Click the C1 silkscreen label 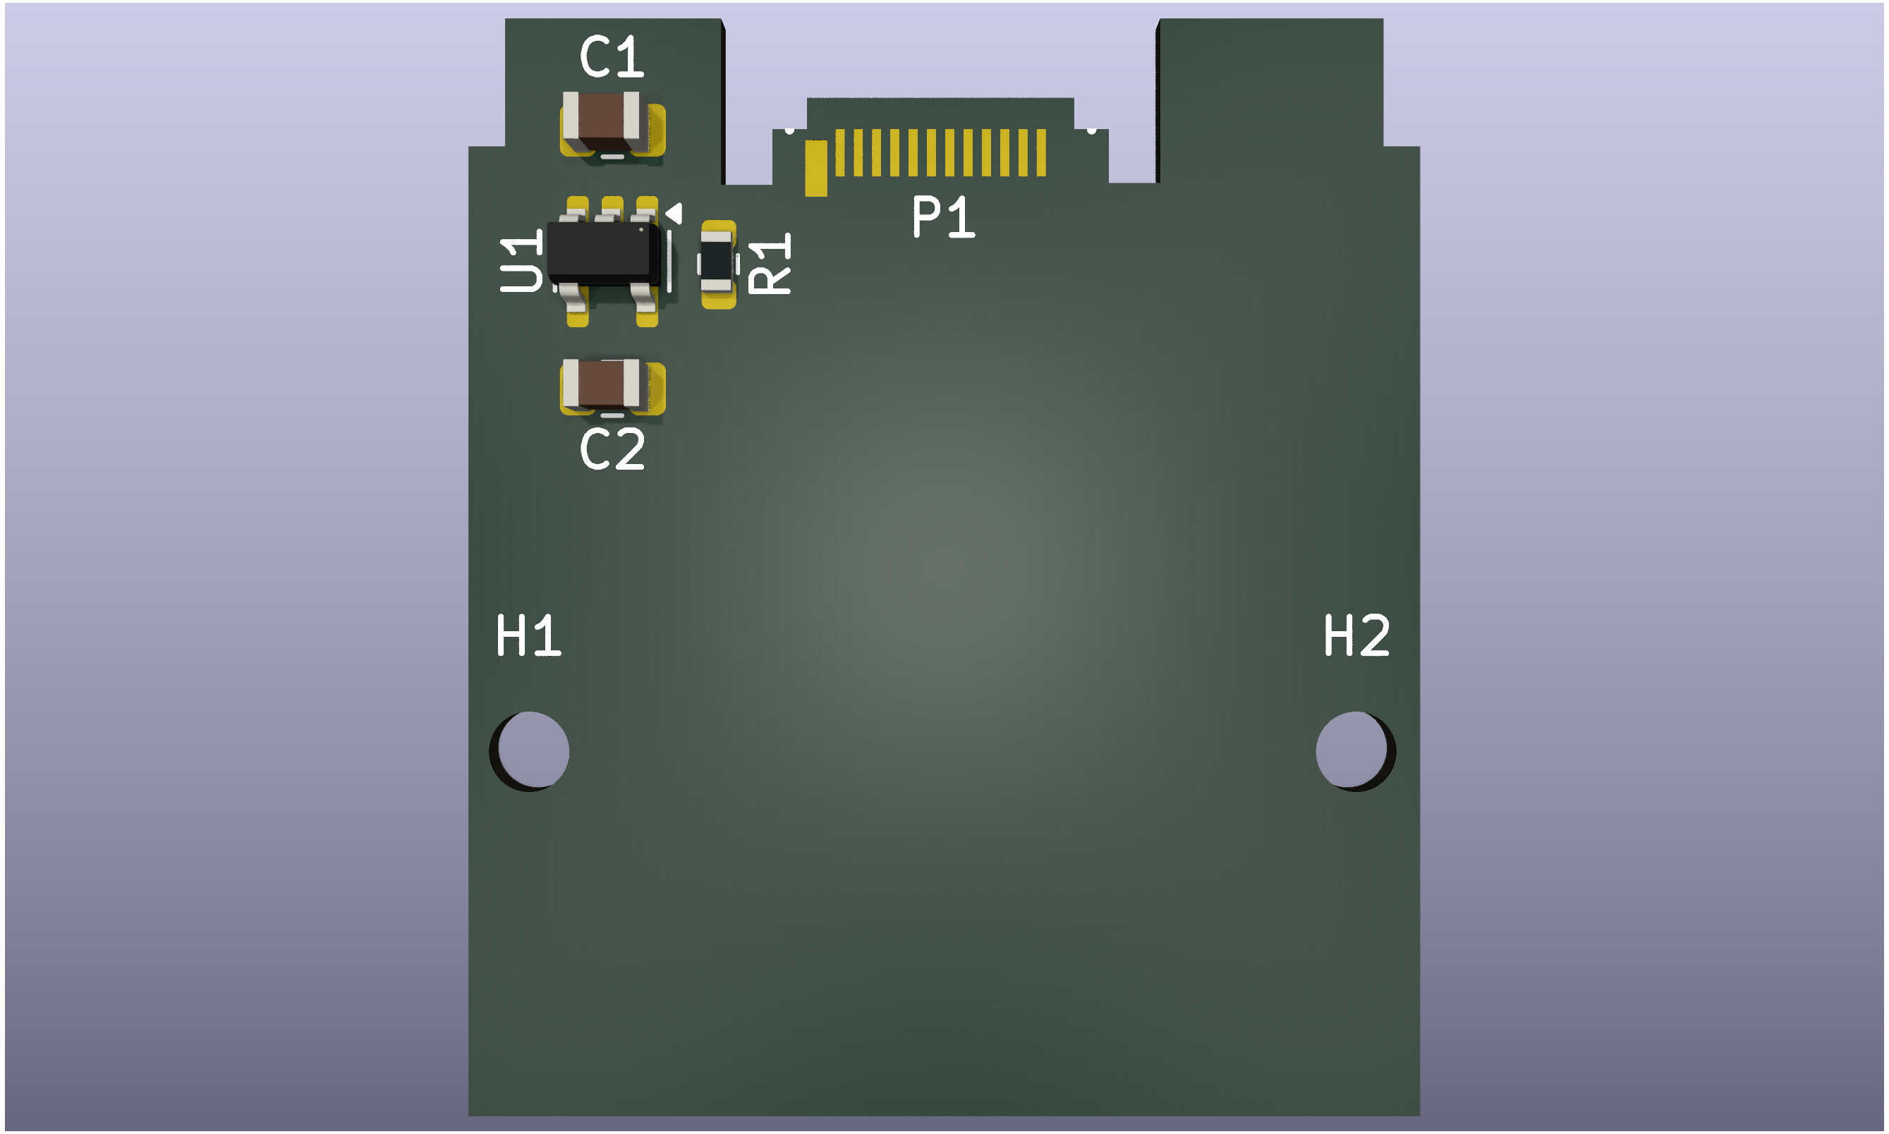[x=612, y=56]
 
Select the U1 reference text [x=521, y=260]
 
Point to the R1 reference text [x=770, y=264]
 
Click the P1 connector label [x=943, y=217]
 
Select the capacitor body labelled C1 [x=602, y=121]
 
